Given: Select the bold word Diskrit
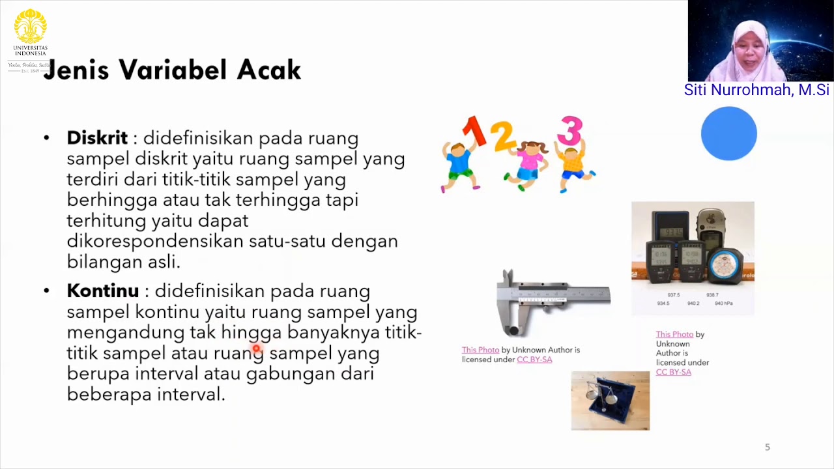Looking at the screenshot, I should point(97,138).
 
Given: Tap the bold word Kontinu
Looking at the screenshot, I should point(103,291).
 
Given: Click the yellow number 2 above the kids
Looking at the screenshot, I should point(502,136).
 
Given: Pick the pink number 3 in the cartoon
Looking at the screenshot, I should point(569,130).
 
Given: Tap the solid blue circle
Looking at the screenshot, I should point(728,134).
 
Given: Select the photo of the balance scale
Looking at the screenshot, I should point(610,401).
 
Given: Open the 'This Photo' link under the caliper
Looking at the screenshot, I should point(480,350).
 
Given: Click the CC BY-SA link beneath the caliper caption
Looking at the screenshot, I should point(534,360).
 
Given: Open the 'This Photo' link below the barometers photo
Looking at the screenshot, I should point(674,334).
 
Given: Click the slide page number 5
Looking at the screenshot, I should point(767,447).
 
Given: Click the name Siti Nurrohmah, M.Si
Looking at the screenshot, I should point(756,90).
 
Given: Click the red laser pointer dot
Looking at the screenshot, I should point(257,350).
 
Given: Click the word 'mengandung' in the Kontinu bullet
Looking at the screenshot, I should point(126,332).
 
